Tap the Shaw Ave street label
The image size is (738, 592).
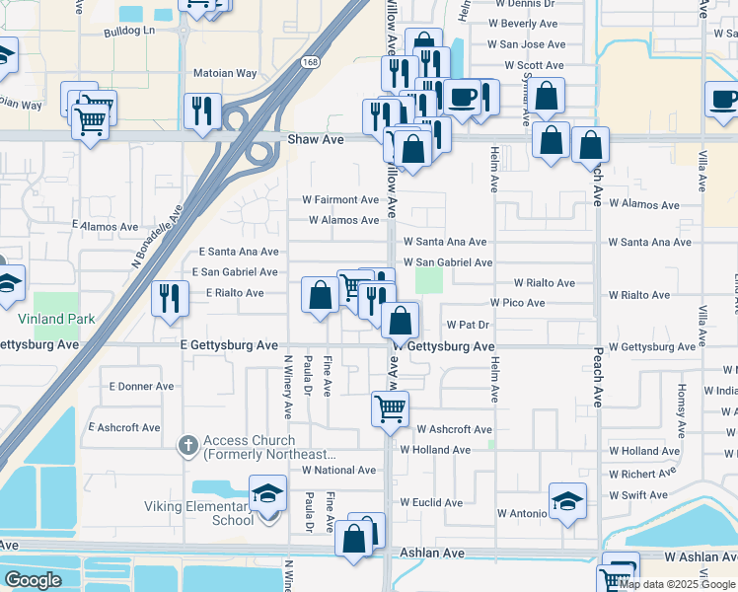[315, 140]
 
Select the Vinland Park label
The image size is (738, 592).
[56, 319]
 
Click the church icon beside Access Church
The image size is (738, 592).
[187, 447]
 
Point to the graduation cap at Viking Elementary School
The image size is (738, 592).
[266, 494]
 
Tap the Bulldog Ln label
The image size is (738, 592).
[129, 32]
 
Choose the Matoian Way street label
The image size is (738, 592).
[224, 73]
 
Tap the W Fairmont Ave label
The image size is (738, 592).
[339, 199]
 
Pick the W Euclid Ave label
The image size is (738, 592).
[430, 502]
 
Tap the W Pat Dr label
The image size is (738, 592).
[469, 324]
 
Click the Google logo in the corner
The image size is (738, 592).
[33, 580]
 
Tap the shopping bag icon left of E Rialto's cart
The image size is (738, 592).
[320, 295]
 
